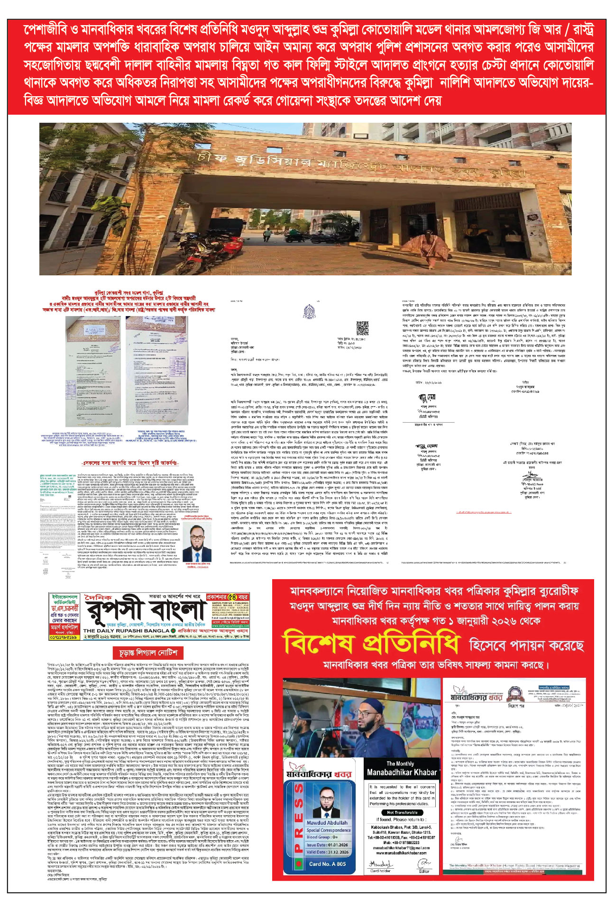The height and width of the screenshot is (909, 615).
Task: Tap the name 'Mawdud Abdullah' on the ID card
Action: (327, 823)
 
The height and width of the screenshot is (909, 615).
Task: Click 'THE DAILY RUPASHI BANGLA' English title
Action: (126, 631)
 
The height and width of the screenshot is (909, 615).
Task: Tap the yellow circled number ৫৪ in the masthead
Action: (233, 597)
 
